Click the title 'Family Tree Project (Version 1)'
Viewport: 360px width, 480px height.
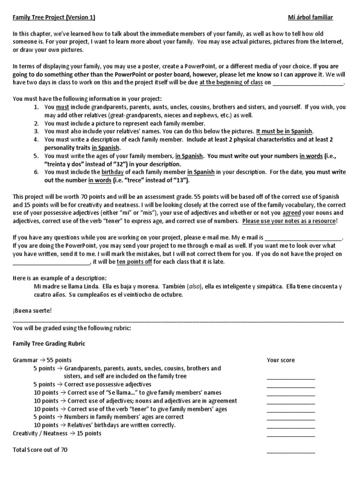pyautogui.click(x=54, y=18)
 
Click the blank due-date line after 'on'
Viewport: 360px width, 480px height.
pyautogui.click(x=308, y=83)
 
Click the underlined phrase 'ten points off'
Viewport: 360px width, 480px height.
pyautogui.click(x=134, y=262)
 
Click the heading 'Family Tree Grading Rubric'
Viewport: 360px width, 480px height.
pyautogui.click(x=49, y=344)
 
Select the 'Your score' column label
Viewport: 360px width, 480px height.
pyautogui.click(x=281, y=360)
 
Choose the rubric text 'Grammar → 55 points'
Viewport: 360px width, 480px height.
pyautogui.click(x=42, y=360)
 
